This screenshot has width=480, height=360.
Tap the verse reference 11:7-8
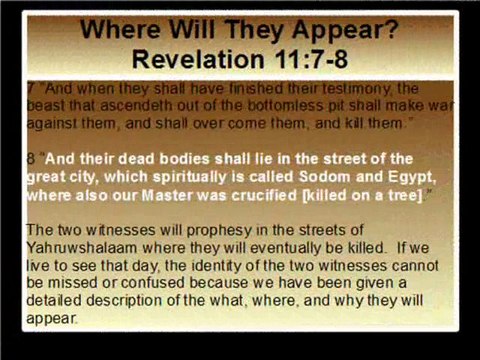click(312, 58)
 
